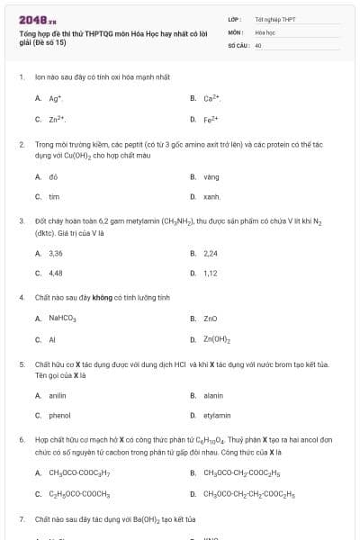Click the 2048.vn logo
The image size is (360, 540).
coord(37,19)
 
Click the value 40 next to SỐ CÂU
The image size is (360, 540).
coord(258,44)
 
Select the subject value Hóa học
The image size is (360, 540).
coord(265,31)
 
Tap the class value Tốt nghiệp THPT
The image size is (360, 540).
coord(274,18)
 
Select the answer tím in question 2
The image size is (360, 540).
coord(54,195)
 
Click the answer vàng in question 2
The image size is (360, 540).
coord(212,176)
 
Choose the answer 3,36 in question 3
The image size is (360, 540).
coord(56,254)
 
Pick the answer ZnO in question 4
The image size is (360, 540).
coord(211,318)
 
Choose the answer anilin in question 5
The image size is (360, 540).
coord(58,395)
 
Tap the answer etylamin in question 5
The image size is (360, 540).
coord(218,415)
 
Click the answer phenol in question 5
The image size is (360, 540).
coord(58,415)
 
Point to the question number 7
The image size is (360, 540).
coord(21,519)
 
